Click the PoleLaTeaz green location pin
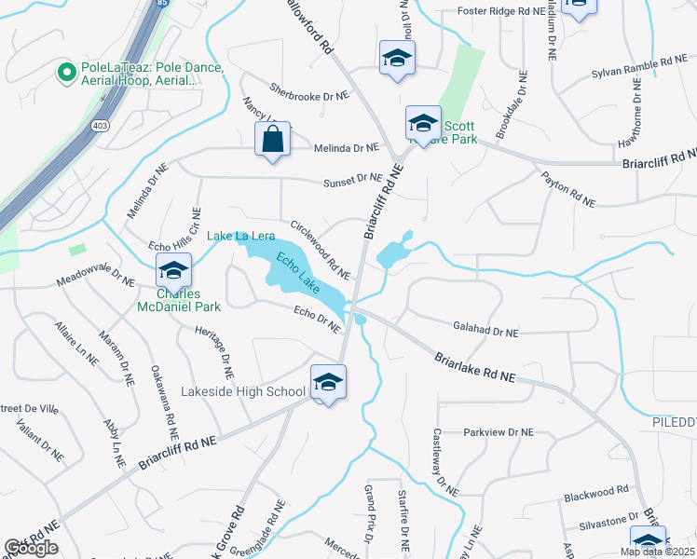click(x=66, y=71)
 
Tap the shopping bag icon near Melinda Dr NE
click(x=272, y=141)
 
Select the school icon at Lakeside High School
click(x=328, y=383)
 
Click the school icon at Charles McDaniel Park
click(x=173, y=272)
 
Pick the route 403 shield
click(x=98, y=124)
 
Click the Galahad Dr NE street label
click(x=485, y=332)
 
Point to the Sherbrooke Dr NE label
click(x=310, y=95)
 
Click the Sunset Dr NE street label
click(x=352, y=179)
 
